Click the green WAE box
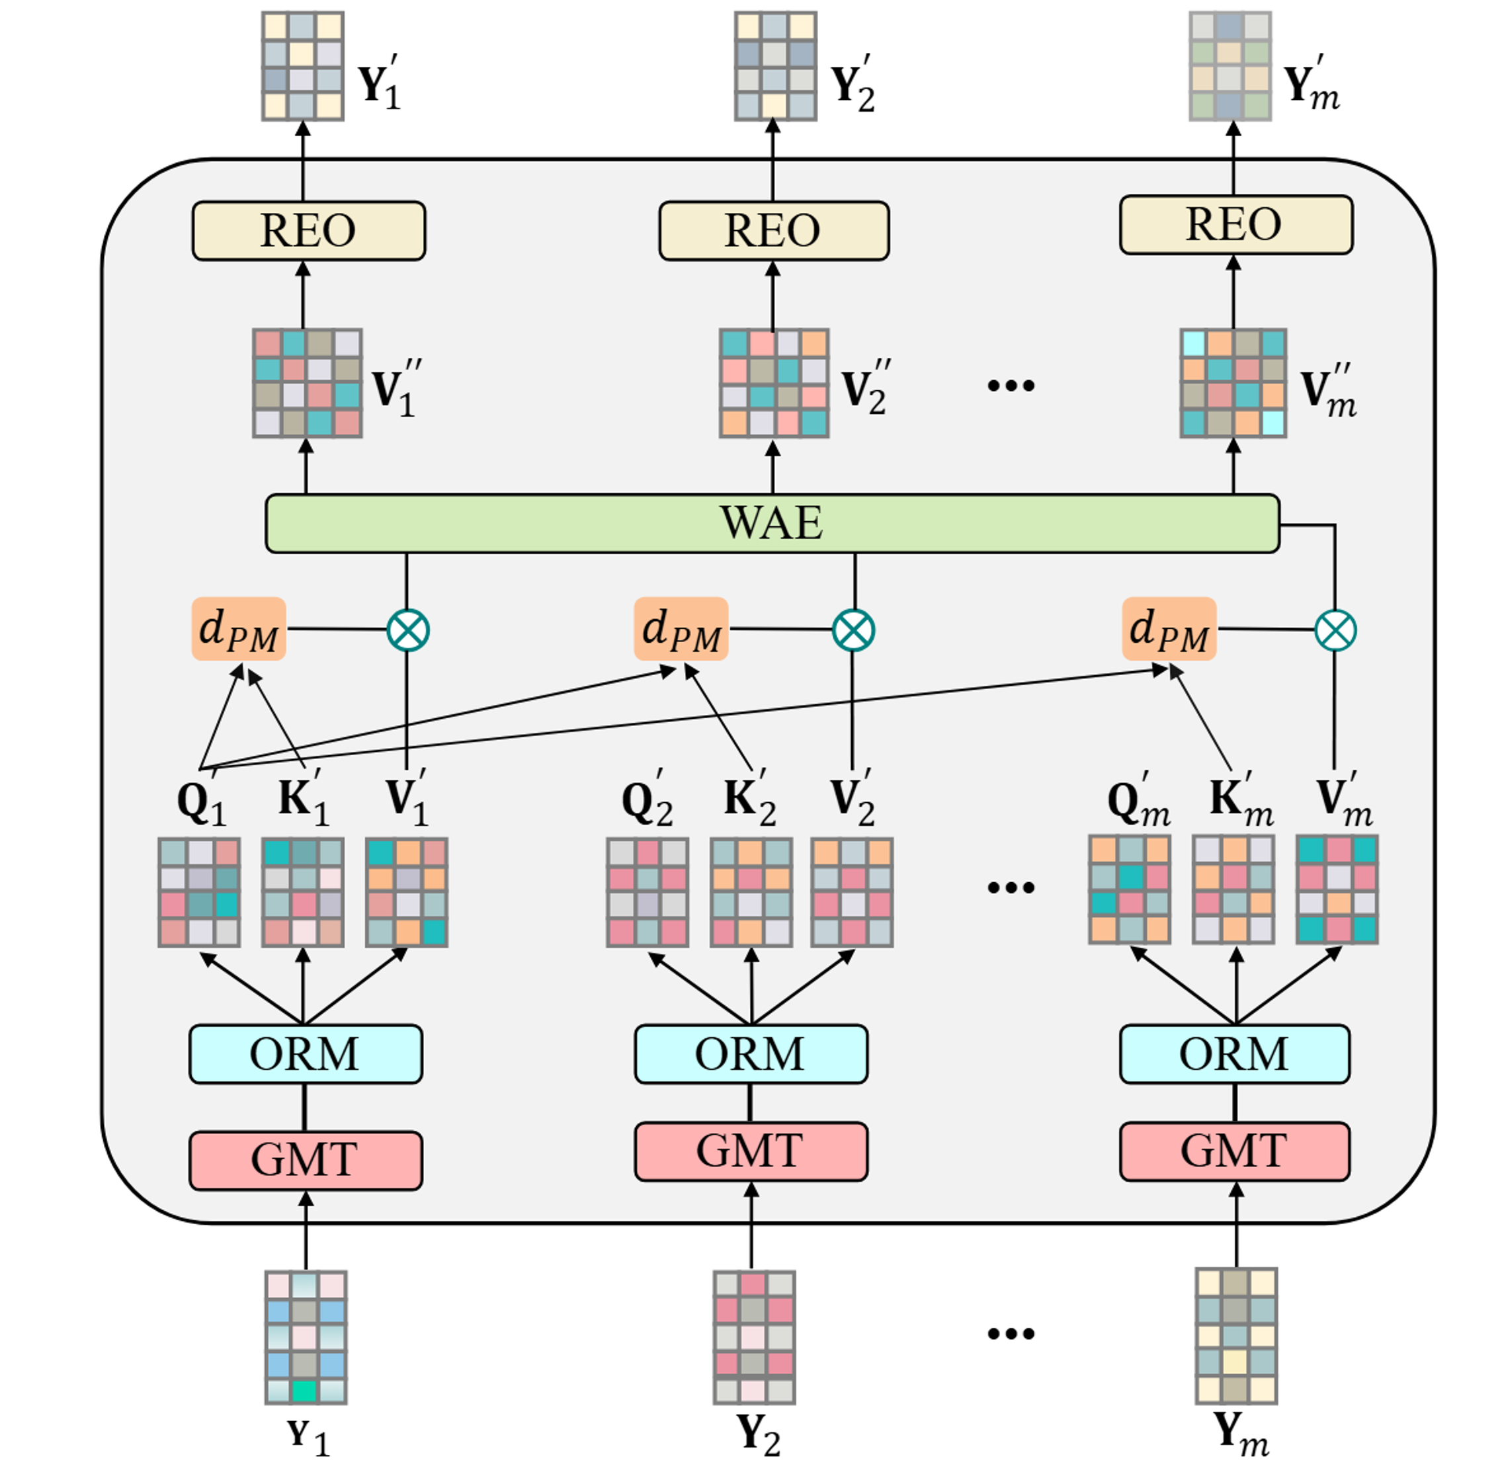pos(772,523)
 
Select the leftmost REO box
pos(308,231)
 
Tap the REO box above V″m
pos(1235,225)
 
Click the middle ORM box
pos(751,1053)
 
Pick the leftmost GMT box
pos(306,1160)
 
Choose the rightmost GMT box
pos(1234,1151)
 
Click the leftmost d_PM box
pos(238,629)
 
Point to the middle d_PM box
pos(681,629)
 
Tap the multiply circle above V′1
pos(407,630)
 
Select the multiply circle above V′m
pos(1335,630)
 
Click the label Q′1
pos(201,800)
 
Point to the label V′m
pos(1344,800)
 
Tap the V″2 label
pos(864,388)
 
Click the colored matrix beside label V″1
pos(308,384)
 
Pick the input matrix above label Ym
pos(1235,1336)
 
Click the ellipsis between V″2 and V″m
pos(1011,385)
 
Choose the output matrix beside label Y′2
pos(775,66)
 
